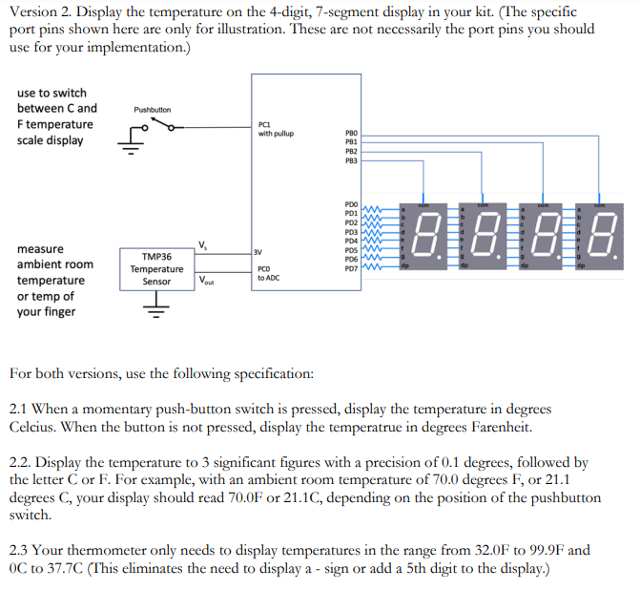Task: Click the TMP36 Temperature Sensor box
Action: coord(156,269)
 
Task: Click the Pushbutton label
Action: coord(153,110)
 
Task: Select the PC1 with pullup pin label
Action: coord(276,129)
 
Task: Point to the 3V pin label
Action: coord(259,252)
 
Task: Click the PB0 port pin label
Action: coord(351,134)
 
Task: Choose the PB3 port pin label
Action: coord(351,162)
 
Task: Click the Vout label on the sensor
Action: coord(207,281)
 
